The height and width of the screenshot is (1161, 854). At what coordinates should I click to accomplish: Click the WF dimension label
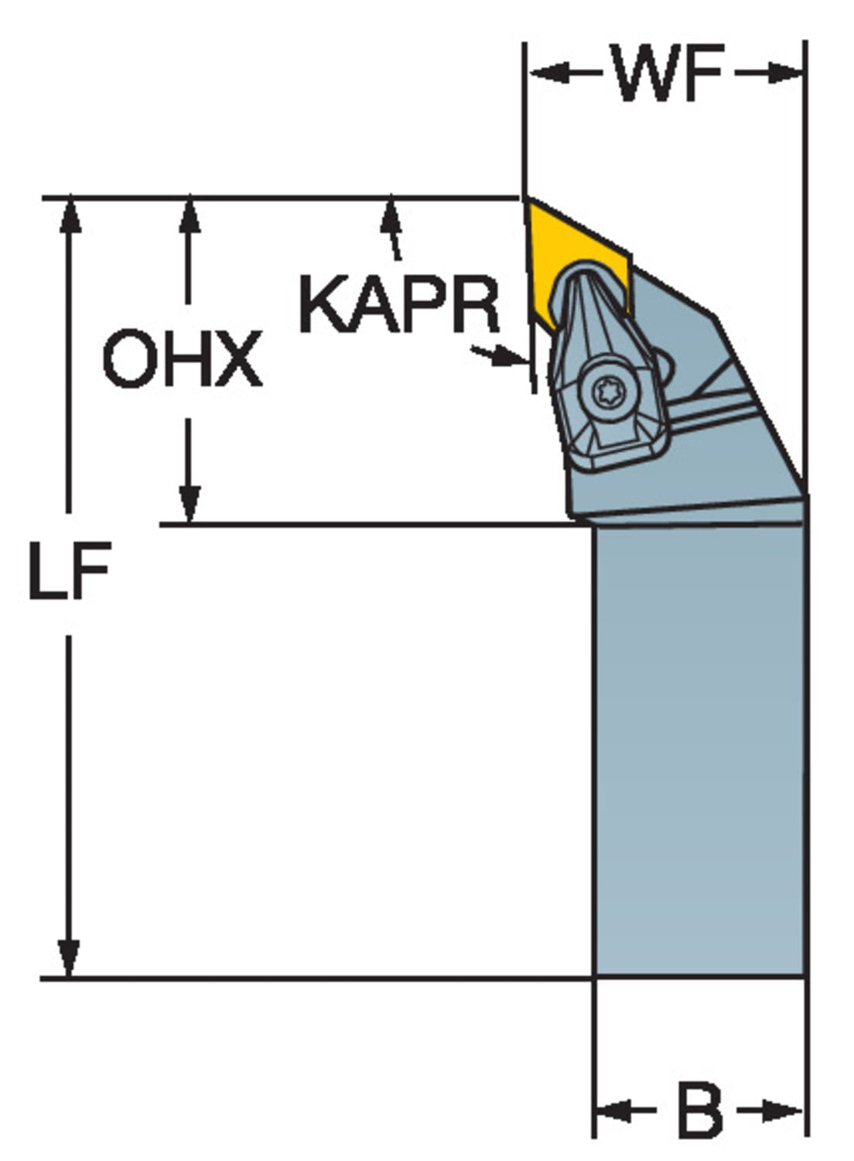[667, 73]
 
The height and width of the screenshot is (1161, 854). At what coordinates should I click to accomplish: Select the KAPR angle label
[399, 304]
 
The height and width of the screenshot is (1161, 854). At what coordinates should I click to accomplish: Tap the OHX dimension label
[183, 359]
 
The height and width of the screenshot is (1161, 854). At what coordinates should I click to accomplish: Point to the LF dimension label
[70, 570]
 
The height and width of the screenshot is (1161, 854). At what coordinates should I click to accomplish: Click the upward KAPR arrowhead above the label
[391, 217]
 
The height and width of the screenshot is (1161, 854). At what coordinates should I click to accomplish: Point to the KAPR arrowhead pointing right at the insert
[510, 357]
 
